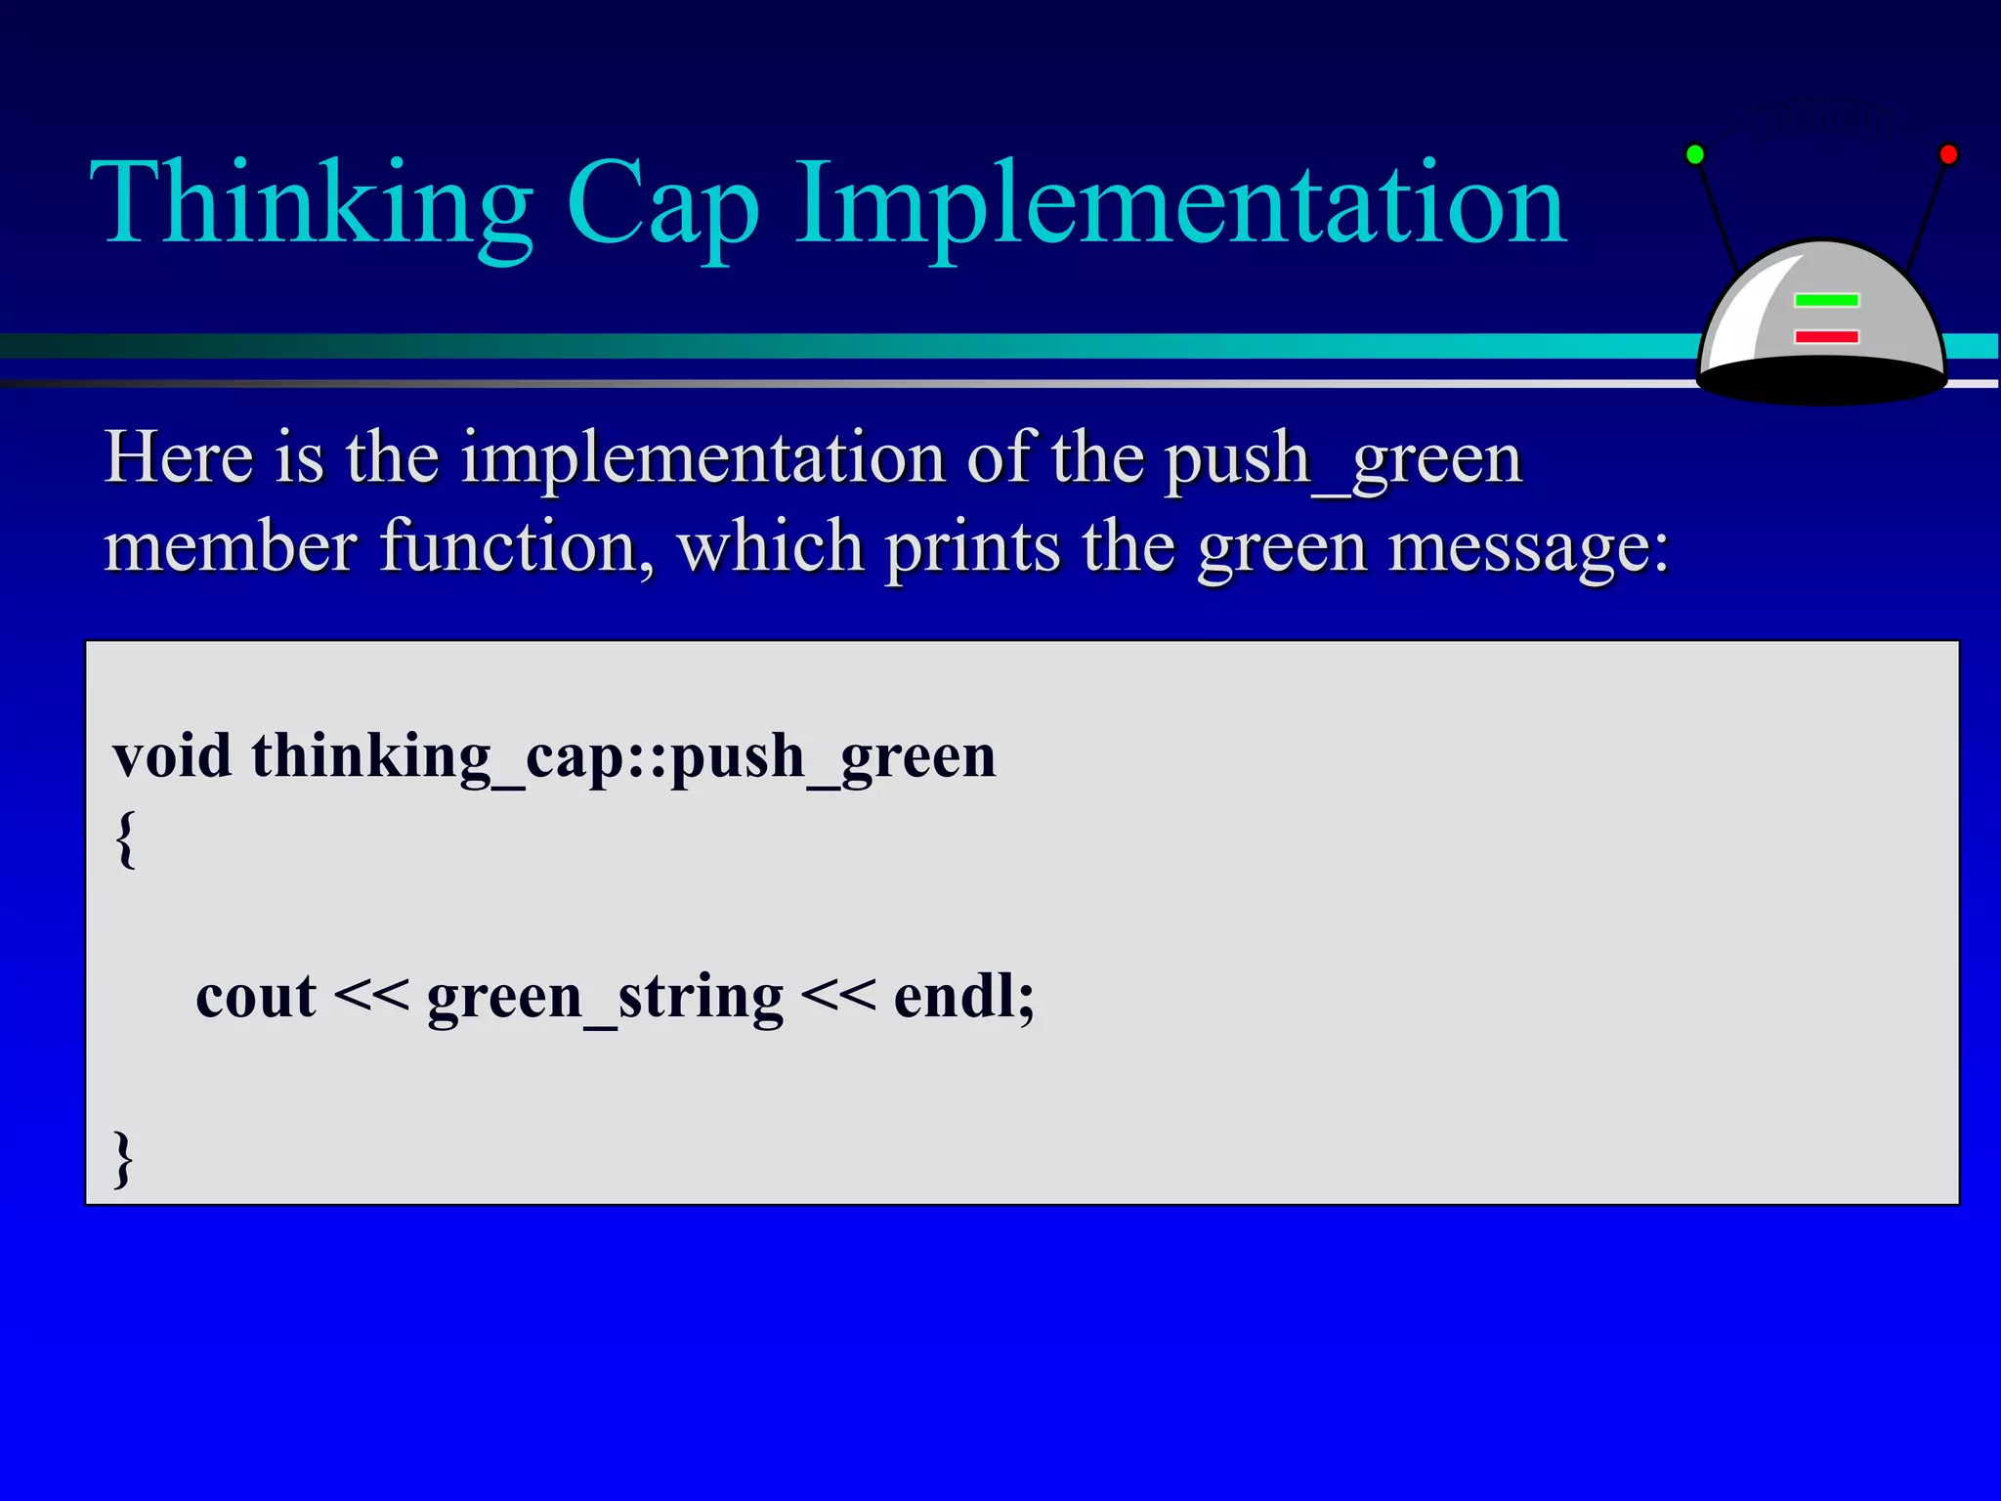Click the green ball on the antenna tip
click(1695, 154)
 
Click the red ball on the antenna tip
click(1948, 154)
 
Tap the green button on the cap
click(1826, 300)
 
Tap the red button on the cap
click(1826, 336)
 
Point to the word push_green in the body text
click(1343, 459)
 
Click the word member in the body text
click(231, 547)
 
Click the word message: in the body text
click(1529, 547)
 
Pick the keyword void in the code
click(172, 756)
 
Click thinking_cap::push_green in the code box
click(623, 758)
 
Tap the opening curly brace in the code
click(125, 838)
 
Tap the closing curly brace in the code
click(123, 1159)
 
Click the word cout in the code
click(255, 998)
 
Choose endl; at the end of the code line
click(963, 997)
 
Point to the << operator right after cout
click(370, 998)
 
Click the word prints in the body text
click(972, 547)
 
